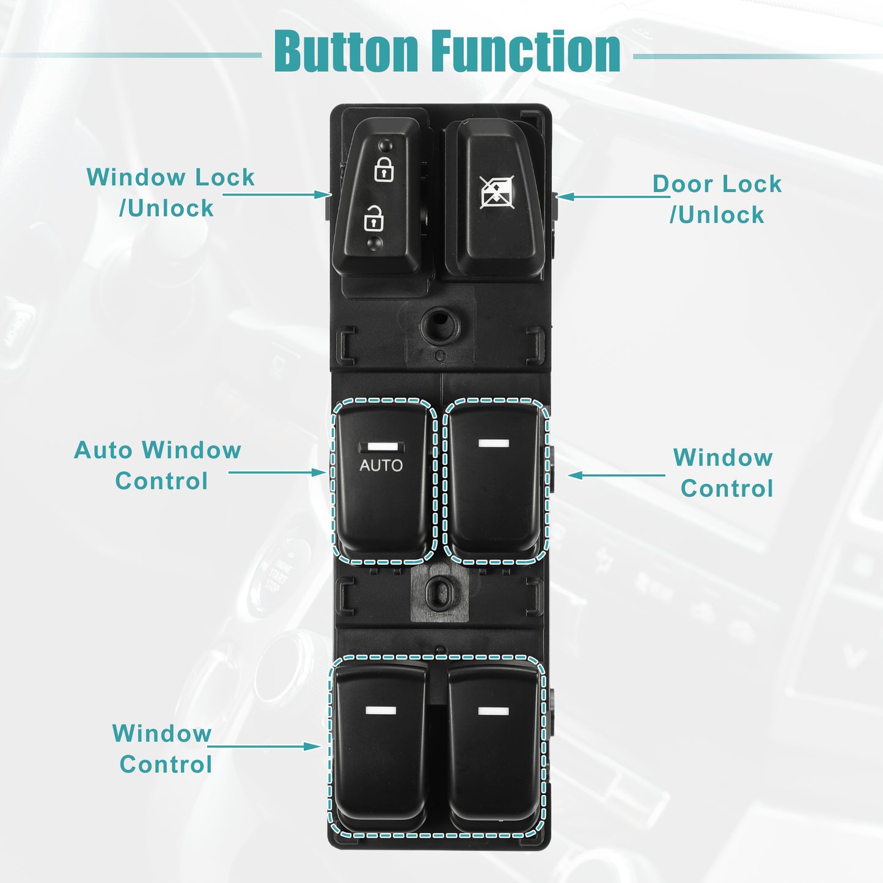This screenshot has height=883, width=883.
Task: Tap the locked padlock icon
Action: point(384,169)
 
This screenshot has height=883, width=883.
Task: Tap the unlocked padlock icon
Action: point(373,218)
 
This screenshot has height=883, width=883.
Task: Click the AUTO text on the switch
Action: point(381,466)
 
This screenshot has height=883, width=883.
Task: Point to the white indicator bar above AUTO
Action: point(382,447)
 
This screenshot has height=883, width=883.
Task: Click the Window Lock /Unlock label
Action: point(170,192)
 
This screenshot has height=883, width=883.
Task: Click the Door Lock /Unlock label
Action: point(717,199)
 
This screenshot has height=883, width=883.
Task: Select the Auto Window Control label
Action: point(158,465)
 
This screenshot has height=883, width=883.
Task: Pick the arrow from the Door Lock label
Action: point(613,197)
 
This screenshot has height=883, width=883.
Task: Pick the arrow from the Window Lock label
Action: point(276,195)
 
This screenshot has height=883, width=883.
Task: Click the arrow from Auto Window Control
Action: point(277,472)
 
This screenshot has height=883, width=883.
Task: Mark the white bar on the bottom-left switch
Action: point(381,711)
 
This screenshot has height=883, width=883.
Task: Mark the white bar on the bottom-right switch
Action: point(494,711)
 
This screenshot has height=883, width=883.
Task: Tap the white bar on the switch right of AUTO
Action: point(494,443)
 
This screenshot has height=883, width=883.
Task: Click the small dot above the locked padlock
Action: point(386,145)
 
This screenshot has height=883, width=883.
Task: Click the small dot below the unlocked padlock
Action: point(375,243)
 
